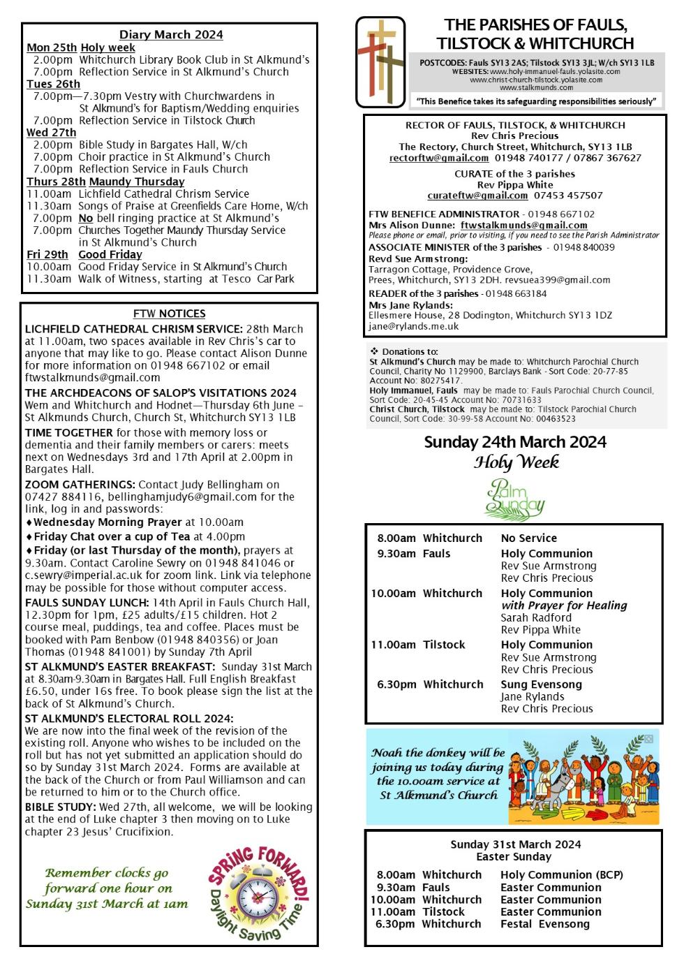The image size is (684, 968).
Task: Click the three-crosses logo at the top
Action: coord(380,61)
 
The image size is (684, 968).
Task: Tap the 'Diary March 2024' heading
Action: coord(171,34)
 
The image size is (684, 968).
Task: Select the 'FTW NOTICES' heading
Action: coord(170,314)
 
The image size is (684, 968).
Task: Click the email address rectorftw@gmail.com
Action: coord(439,159)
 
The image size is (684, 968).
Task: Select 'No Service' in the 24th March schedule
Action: coord(528,538)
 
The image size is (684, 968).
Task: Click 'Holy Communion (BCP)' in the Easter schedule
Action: coord(561,874)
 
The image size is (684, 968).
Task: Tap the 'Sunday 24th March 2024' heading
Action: coord(515,442)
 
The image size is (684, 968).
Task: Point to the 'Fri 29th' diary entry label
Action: coord(47,254)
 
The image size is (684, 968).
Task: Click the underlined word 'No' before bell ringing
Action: coord(85,218)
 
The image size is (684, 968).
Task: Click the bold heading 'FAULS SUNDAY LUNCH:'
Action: coord(76,602)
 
